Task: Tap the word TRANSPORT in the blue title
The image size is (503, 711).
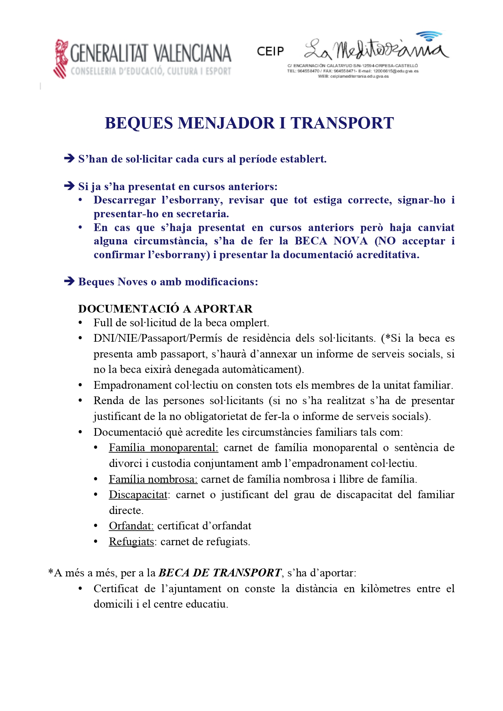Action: [x=342, y=123]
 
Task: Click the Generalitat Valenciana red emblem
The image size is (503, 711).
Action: [x=61, y=58]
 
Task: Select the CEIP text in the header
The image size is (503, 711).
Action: [x=270, y=51]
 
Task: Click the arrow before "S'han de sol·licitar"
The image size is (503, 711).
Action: [x=69, y=158]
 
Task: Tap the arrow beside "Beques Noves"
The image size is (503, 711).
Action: [x=69, y=281]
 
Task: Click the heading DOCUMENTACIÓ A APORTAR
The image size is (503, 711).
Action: [x=165, y=309]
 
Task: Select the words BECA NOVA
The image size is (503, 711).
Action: [x=331, y=241]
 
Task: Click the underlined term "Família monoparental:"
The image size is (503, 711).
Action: [x=163, y=448]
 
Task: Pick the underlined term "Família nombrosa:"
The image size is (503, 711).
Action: [x=153, y=479]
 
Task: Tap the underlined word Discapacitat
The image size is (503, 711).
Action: [x=138, y=495]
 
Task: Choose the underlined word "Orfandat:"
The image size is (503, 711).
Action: [x=131, y=526]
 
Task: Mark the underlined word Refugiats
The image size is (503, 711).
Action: [x=131, y=542]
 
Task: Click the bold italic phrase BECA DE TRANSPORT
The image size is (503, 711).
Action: [x=220, y=573]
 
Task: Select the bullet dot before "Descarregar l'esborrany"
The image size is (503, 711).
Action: [x=81, y=200]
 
